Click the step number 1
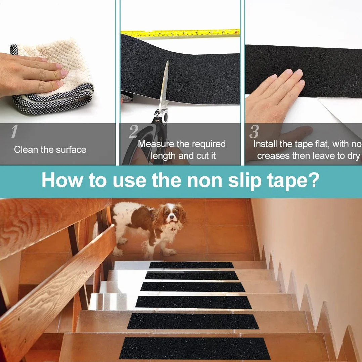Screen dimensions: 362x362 14,132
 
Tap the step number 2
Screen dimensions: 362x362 134,132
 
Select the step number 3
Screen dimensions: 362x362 254,132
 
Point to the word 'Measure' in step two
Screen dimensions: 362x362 156,144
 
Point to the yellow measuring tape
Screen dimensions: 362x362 180,33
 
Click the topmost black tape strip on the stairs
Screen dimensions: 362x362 191,265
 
